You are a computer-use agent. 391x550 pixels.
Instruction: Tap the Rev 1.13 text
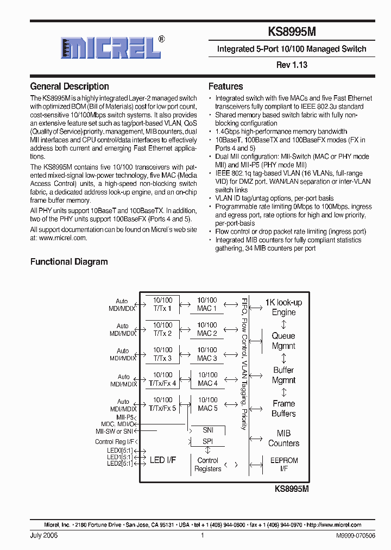point(292,65)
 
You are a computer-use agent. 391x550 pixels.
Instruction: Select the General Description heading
point(70,86)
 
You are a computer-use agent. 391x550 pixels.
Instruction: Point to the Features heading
point(226,86)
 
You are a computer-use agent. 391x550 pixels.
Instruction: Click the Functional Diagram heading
point(69,262)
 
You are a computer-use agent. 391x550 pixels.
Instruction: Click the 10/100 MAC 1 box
point(207,304)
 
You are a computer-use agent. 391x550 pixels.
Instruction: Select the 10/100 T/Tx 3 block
point(162,354)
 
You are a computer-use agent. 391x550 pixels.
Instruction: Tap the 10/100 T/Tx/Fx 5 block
point(162,404)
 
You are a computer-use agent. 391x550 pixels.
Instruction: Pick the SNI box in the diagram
point(207,430)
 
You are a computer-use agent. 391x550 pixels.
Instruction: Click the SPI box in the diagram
point(207,441)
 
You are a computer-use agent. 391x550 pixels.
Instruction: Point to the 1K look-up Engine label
point(283,307)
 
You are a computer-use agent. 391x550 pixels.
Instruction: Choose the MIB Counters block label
point(283,438)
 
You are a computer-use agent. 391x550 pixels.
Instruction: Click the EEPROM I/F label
point(283,464)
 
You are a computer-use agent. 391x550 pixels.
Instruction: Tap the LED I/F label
point(162,460)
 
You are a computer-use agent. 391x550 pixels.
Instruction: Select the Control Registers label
point(207,464)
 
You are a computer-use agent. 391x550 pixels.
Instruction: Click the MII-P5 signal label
point(125,417)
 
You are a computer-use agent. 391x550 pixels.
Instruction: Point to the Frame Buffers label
point(283,409)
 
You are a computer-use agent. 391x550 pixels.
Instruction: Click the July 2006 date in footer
point(44,535)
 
